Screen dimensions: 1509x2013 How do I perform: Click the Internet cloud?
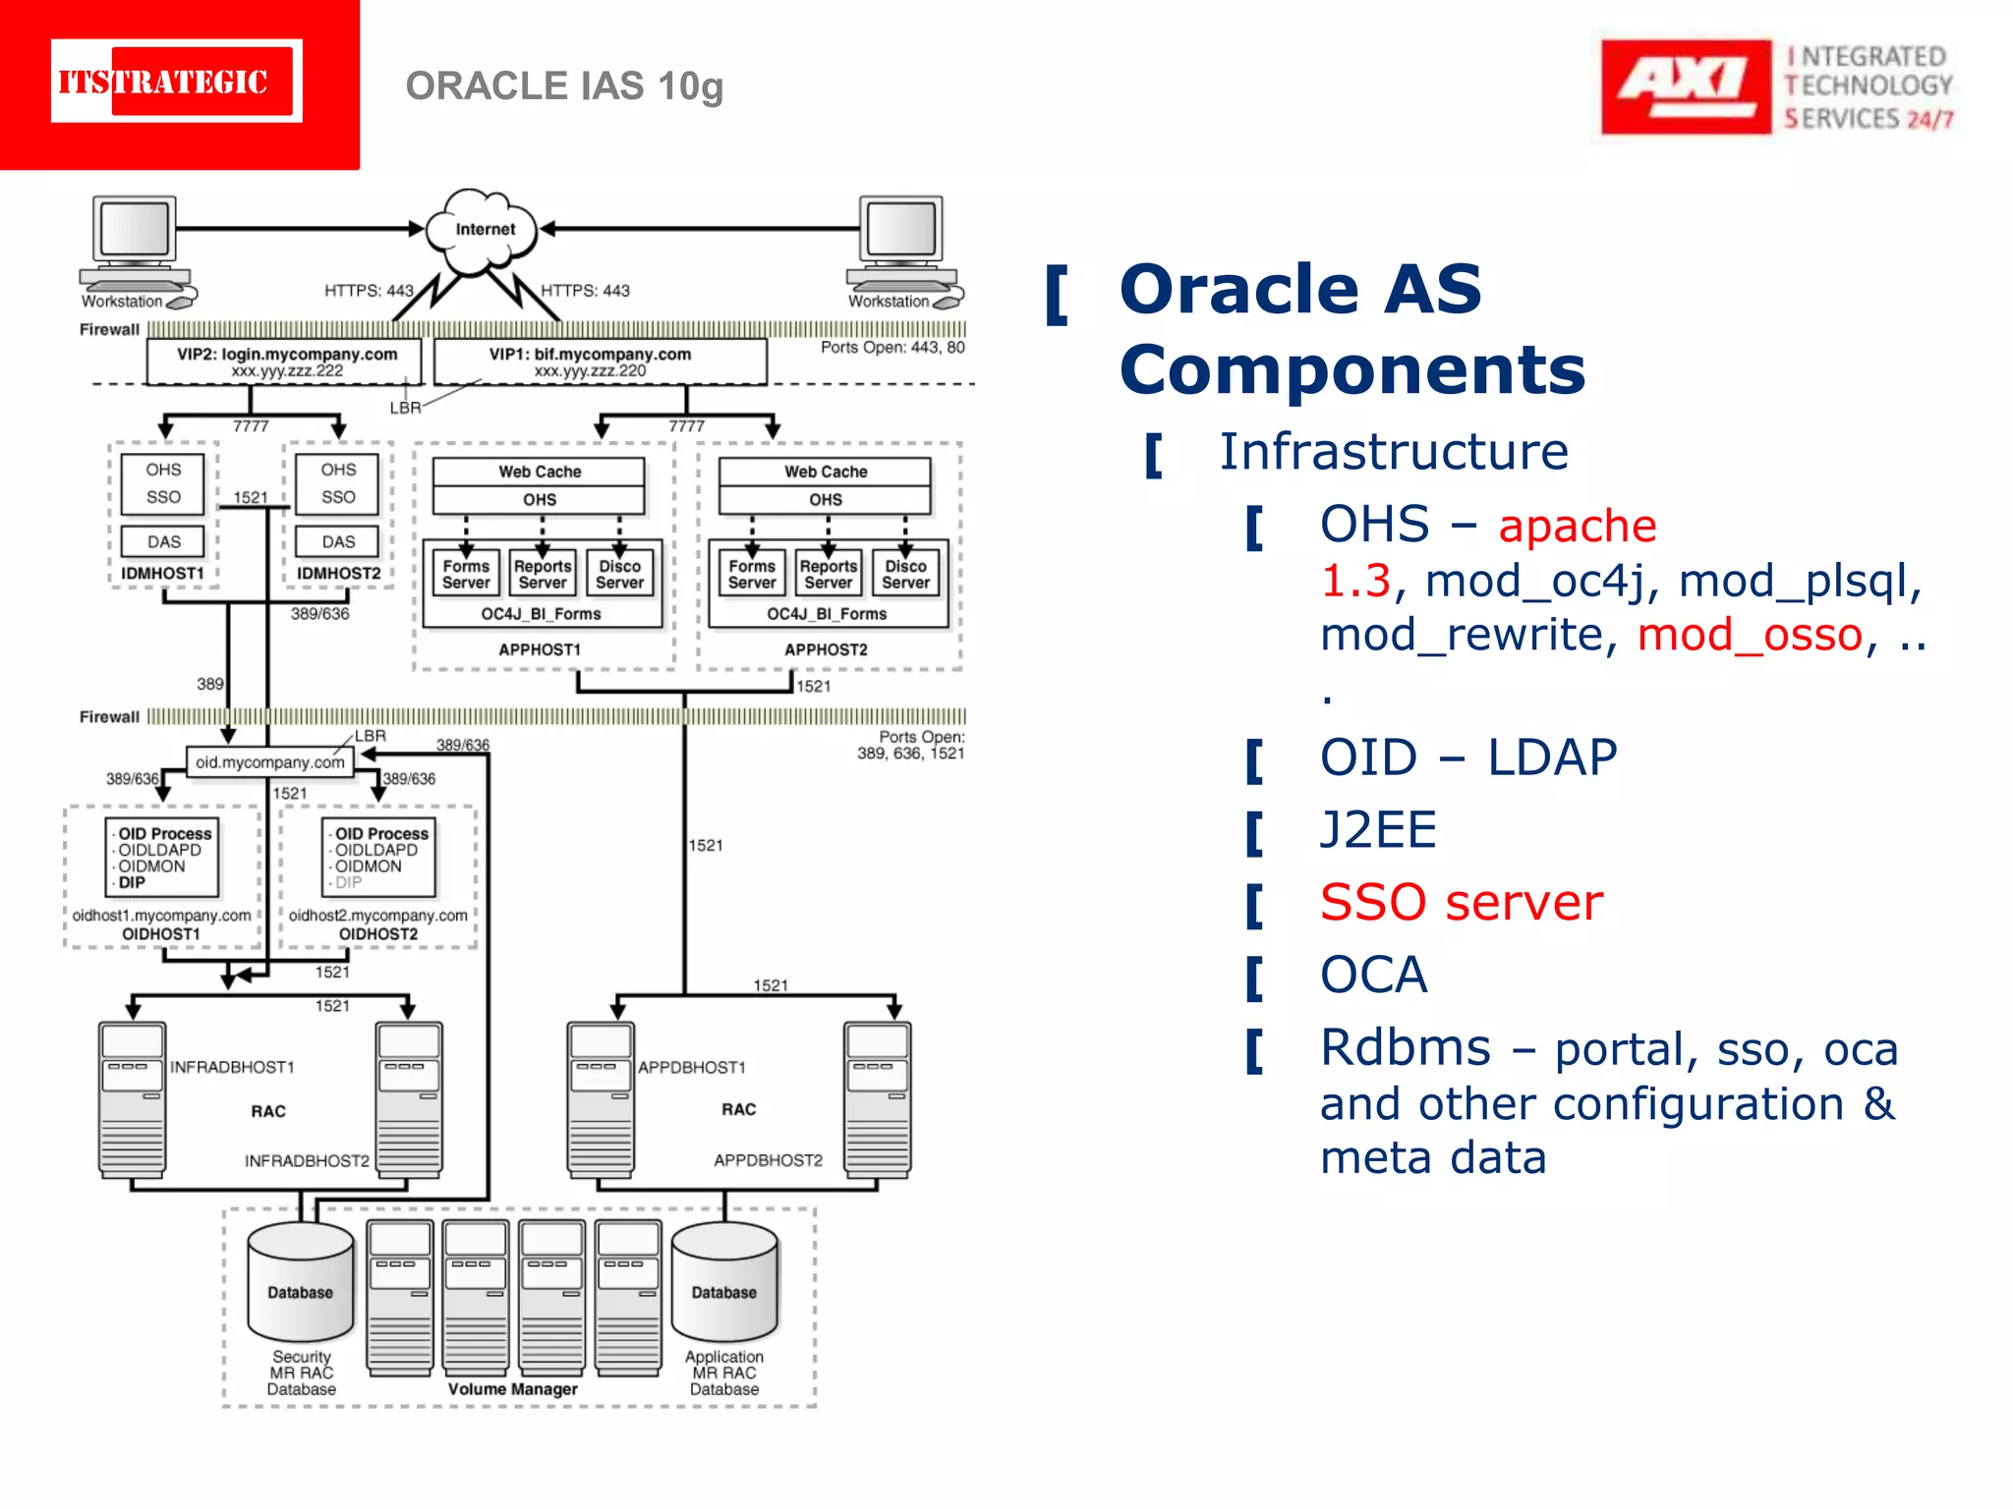tap(484, 230)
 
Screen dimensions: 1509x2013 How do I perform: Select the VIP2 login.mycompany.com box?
tap(285, 362)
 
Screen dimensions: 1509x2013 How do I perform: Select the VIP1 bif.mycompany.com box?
tap(600, 362)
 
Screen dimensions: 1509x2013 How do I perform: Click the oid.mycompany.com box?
tap(270, 762)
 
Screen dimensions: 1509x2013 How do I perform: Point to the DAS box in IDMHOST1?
tap(163, 541)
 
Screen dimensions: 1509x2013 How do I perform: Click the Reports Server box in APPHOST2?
tap(828, 574)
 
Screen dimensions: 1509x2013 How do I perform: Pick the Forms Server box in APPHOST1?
tap(465, 574)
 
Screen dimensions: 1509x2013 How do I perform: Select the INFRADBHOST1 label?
tap(232, 1067)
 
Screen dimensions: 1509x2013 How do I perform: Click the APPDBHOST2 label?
tap(768, 1160)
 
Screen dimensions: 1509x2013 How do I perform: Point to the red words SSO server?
tap(1461, 902)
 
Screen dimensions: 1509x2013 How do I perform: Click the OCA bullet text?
tap(1373, 975)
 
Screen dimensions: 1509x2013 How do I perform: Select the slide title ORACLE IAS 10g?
tap(564, 86)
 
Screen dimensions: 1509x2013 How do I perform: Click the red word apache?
tap(1577, 526)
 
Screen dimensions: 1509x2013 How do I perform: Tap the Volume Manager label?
tap(512, 1389)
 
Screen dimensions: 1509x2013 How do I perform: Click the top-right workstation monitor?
tap(901, 230)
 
